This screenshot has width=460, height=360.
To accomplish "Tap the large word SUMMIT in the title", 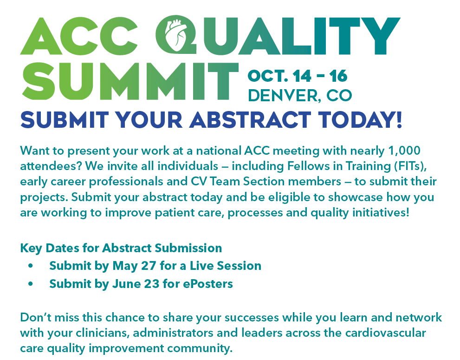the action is pos(130,81).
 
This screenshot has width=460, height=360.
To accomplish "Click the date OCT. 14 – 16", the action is pos(298,76).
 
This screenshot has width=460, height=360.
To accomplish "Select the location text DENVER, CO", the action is pos(300,95).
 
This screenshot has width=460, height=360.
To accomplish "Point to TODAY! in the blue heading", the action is pos(360,120).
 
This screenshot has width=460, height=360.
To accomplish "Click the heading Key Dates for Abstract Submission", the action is pos(121,248).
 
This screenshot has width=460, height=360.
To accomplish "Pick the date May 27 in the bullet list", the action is pos(134,266).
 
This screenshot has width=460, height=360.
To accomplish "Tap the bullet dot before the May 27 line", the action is pos(31,266).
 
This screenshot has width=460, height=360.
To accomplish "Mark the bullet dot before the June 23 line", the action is pos(31,284).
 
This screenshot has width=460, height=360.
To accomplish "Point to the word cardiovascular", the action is pos(385,333).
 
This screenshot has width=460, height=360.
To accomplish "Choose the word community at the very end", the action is pos(200,348).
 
